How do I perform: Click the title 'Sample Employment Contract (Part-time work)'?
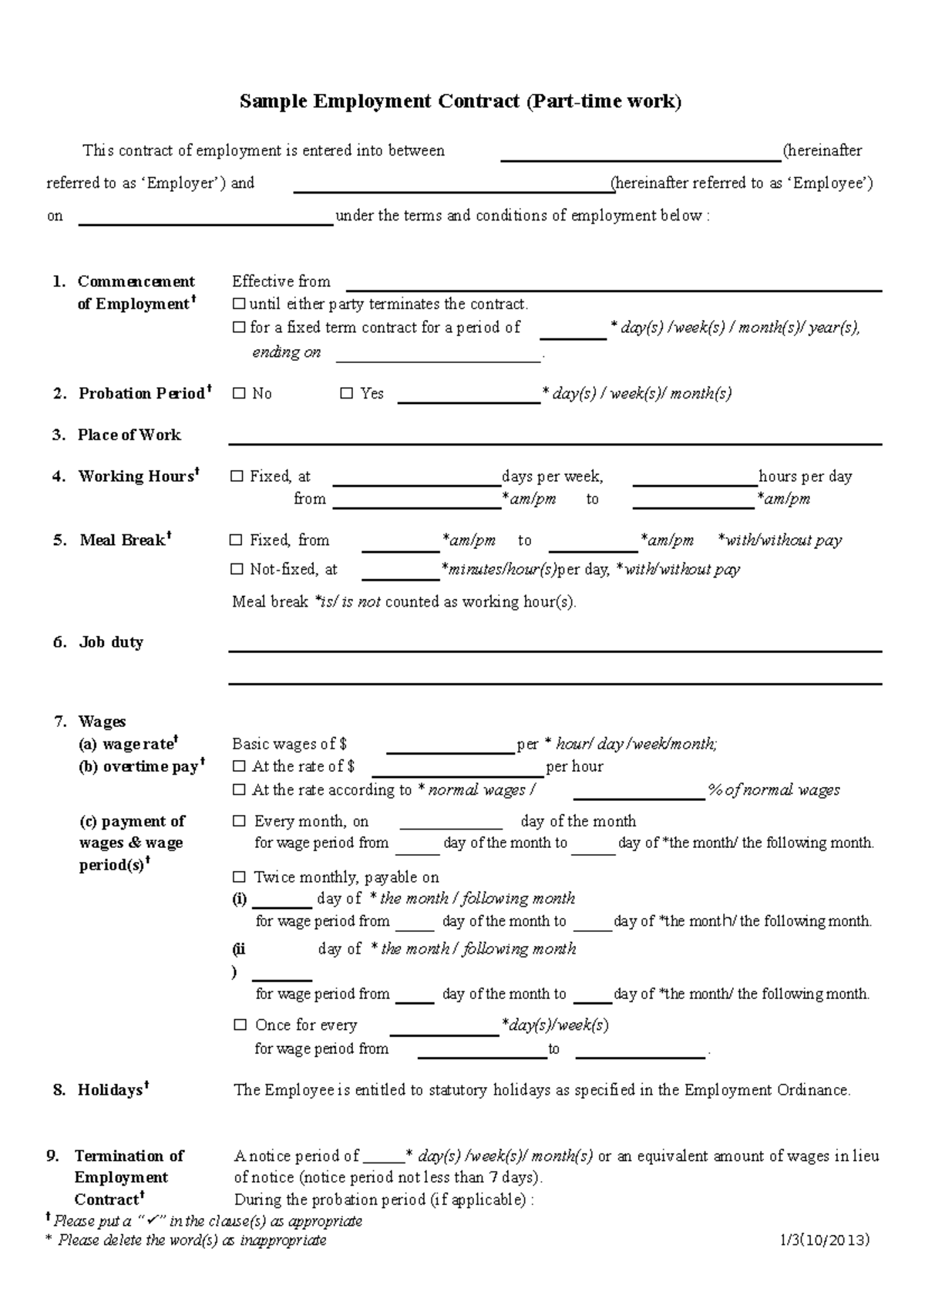coord(460,101)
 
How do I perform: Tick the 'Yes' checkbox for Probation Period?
coord(346,394)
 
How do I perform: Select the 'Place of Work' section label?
coord(129,435)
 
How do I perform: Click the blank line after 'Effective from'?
coord(613,284)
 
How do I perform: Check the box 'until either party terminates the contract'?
coord(238,305)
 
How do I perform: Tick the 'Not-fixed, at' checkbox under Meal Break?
coord(237,570)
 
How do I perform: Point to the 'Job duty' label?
coord(111,642)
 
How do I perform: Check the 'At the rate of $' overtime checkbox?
coord(239,767)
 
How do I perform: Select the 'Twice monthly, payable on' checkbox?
coord(239,877)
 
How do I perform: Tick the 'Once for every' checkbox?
coord(240,1025)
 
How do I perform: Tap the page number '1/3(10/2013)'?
coord(824,1240)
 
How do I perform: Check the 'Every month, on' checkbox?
coord(239,822)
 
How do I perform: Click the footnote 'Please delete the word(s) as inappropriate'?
coord(192,1240)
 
